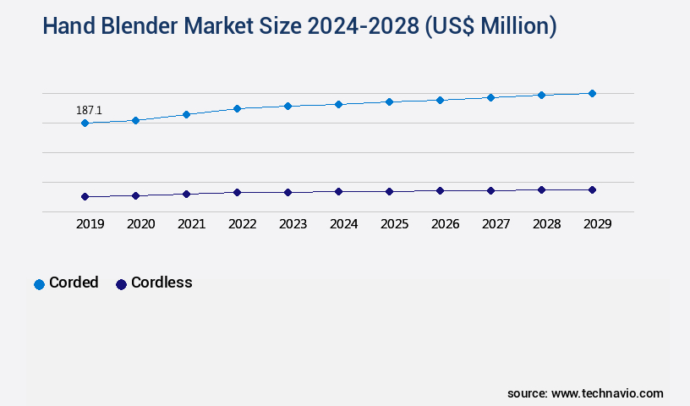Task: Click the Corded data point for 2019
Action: pos(85,123)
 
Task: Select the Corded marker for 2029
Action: pos(592,93)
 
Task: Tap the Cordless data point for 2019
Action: pos(85,196)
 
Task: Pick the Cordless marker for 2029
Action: pos(592,189)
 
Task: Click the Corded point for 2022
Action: pos(237,108)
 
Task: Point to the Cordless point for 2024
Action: pos(338,191)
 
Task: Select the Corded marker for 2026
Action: pos(440,100)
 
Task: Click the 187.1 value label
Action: pos(90,110)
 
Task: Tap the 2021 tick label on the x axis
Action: pos(191,224)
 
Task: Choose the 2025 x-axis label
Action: pos(394,224)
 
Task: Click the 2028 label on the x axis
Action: pos(546,224)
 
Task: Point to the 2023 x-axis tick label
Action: pos(293,224)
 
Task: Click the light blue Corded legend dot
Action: pos(39,284)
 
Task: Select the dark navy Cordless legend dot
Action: pos(121,284)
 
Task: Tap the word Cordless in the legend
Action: pos(162,283)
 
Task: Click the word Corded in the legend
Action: pos(74,283)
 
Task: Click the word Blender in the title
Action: pos(145,27)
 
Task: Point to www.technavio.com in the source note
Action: pos(607,393)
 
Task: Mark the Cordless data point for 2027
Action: pos(490,190)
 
